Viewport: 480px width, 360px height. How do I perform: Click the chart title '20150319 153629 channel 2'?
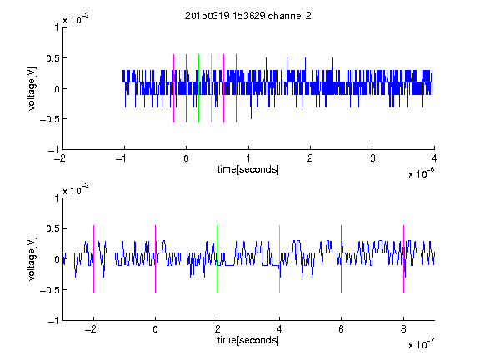248,16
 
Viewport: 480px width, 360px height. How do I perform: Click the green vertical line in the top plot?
198,88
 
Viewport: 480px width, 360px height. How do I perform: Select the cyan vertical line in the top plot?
211,88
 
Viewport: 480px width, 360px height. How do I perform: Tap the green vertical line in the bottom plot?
217,259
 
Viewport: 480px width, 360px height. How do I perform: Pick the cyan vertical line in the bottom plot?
279,259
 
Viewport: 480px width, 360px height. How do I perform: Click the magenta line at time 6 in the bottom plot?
342,259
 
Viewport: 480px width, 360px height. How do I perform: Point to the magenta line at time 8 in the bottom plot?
404,259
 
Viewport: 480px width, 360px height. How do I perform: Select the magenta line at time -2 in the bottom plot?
93,259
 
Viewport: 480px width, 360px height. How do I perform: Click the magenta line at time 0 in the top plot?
186,88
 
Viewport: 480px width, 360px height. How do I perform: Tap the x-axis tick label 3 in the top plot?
372,158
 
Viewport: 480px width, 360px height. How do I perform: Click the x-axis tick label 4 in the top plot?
434,158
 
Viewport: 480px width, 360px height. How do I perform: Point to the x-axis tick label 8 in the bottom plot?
403,329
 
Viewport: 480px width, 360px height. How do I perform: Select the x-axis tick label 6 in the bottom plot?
342,329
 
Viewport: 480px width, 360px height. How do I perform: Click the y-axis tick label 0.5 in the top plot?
52,58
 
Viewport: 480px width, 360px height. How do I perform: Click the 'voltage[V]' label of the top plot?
32,88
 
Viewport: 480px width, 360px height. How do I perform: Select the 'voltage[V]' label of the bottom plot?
32,259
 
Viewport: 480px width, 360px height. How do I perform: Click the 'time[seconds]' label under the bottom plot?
248,340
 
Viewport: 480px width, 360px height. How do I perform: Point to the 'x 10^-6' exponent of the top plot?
422,172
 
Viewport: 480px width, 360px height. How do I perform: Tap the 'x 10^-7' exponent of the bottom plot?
422,343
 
